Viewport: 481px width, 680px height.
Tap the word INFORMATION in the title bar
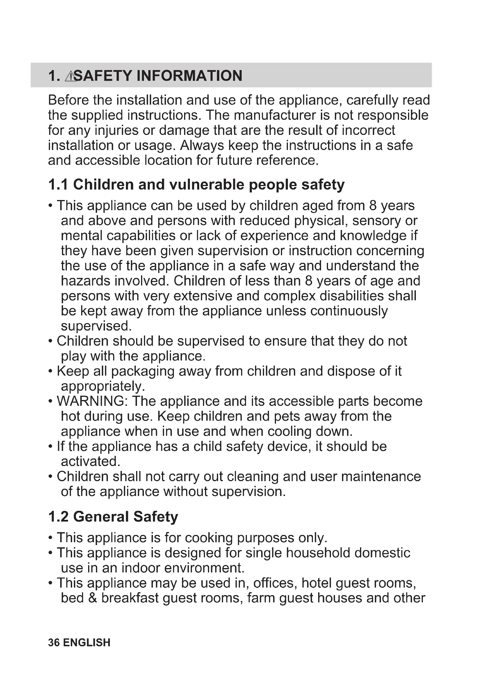(189, 76)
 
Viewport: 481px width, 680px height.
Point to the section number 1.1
(58, 185)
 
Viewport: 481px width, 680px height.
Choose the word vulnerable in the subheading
(206, 185)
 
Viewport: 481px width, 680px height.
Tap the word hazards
(85, 281)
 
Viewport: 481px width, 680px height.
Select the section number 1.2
(58, 517)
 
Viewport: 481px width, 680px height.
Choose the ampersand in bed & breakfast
(93, 598)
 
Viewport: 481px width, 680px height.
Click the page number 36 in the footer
(54, 643)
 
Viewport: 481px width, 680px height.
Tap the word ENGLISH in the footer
(86, 643)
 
